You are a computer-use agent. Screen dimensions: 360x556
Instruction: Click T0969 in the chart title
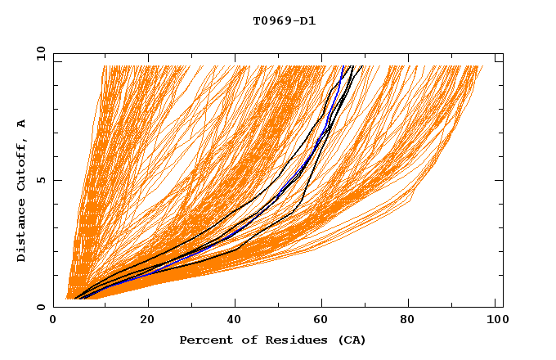[x=269, y=20]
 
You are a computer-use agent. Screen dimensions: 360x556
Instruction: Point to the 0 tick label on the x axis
[x=54, y=319]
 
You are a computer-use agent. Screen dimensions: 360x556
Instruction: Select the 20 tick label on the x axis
[x=147, y=319]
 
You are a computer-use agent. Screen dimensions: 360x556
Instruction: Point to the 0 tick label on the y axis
[x=40, y=307]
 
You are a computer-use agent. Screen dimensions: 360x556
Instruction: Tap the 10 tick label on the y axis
[x=38, y=53]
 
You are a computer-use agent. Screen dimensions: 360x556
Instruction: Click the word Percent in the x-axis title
[x=203, y=340]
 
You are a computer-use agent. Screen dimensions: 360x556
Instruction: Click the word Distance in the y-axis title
[x=21, y=233]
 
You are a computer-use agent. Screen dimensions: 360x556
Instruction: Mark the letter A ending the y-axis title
[x=21, y=123]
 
